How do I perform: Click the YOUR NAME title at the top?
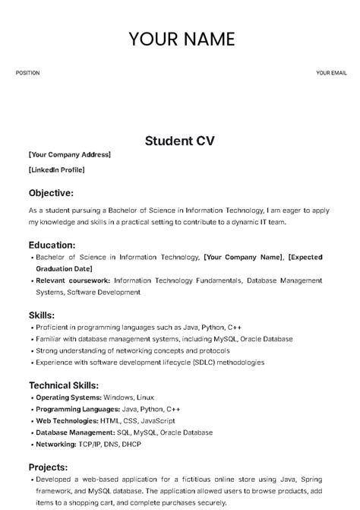[x=182, y=40]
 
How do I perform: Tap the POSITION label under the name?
[x=27, y=73]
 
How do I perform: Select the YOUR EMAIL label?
[x=331, y=73]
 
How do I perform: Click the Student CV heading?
[x=180, y=140]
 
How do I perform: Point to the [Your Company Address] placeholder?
[x=69, y=155]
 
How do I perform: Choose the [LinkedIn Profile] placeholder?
[x=56, y=169]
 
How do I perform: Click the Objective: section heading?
[x=51, y=192]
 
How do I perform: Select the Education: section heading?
[x=52, y=245]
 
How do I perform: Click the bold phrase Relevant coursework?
[x=73, y=280]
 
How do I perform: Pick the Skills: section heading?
[x=41, y=315]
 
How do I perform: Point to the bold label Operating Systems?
[x=68, y=398]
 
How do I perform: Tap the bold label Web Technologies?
[x=68, y=420]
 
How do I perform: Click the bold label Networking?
[x=55, y=444]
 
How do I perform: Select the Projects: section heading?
[x=48, y=467]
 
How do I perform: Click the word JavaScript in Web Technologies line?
[x=157, y=420]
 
